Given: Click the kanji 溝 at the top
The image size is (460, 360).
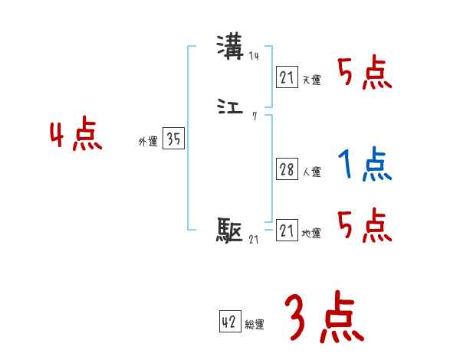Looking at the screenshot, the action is click(230, 48).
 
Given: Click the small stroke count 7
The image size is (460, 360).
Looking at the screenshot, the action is click(254, 116).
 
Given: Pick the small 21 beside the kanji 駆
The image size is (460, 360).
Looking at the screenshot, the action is click(255, 239).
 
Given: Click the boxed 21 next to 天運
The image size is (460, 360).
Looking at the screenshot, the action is click(287, 77).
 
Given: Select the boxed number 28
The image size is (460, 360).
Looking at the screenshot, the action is click(287, 169).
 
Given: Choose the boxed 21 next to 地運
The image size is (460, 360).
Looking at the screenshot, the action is click(287, 230).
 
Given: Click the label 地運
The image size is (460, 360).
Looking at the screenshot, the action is click(311, 234).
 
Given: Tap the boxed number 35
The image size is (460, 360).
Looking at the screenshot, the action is click(173, 139).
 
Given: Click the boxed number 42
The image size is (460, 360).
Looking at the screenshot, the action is click(229, 322).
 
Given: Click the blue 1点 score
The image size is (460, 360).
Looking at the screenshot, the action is click(364, 165).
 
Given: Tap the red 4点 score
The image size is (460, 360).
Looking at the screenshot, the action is click(76, 136).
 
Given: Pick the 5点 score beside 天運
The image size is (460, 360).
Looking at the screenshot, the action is click(364, 74).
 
